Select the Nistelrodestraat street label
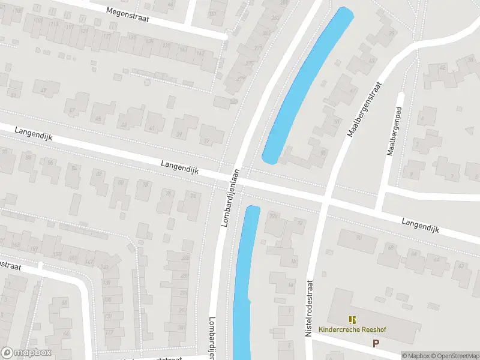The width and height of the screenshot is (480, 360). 310,307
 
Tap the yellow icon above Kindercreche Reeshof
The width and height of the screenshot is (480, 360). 352,319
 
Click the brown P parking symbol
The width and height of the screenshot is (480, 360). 376,343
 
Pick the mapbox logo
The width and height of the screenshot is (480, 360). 27,353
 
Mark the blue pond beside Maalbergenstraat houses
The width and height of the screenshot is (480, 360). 306,84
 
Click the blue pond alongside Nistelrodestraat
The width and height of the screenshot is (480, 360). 245,282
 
